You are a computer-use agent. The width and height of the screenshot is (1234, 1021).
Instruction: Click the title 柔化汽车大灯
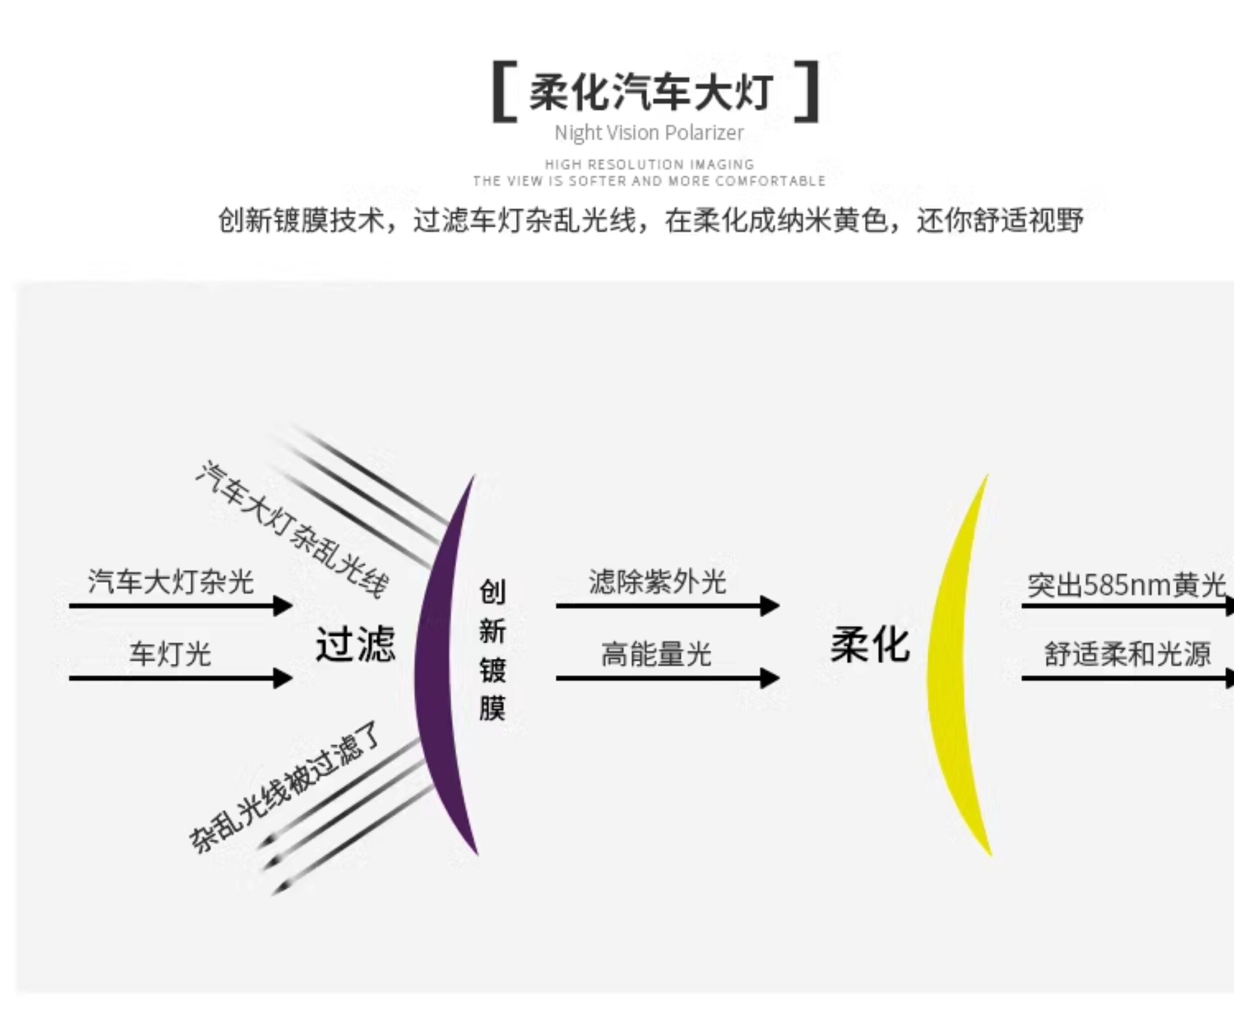click(x=651, y=93)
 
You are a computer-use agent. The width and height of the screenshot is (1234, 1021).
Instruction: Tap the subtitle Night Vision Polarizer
click(x=649, y=133)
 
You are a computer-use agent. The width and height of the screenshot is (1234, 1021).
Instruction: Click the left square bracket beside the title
click(x=504, y=92)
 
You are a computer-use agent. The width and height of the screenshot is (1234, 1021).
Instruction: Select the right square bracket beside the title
click(x=808, y=92)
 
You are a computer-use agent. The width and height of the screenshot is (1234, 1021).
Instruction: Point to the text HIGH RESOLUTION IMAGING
click(x=649, y=165)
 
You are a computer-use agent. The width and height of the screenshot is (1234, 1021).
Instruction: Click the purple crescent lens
click(x=438, y=664)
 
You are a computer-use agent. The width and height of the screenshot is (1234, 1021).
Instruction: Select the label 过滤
click(x=355, y=644)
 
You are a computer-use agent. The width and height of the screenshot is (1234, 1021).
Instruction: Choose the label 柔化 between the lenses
click(x=870, y=644)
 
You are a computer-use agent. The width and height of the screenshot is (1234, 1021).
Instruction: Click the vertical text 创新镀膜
click(x=493, y=649)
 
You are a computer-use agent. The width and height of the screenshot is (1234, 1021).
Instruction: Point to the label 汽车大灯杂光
click(x=170, y=582)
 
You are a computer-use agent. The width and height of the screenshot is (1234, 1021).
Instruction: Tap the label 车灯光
click(x=170, y=654)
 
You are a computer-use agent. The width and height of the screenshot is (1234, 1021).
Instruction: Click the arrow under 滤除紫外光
click(x=667, y=606)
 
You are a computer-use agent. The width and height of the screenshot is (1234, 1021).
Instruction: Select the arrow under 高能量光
click(x=667, y=678)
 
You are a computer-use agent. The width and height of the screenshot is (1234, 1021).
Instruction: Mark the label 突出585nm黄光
click(x=1126, y=585)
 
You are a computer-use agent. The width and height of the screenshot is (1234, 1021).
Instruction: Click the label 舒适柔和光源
click(x=1127, y=654)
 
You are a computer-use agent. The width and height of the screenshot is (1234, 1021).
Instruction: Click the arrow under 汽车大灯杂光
click(x=180, y=606)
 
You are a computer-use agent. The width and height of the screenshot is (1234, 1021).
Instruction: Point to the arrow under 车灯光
click(x=180, y=678)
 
